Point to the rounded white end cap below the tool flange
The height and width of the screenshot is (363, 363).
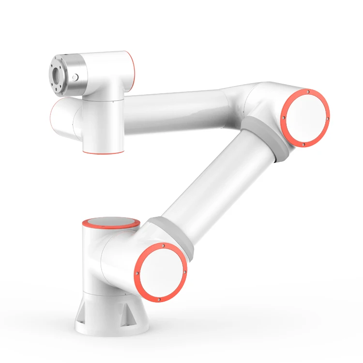tap(63, 119)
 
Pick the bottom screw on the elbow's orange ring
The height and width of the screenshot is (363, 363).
tap(303, 144)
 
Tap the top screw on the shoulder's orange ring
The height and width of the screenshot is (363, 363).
tap(164, 245)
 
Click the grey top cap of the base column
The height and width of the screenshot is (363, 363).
tap(111, 223)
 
